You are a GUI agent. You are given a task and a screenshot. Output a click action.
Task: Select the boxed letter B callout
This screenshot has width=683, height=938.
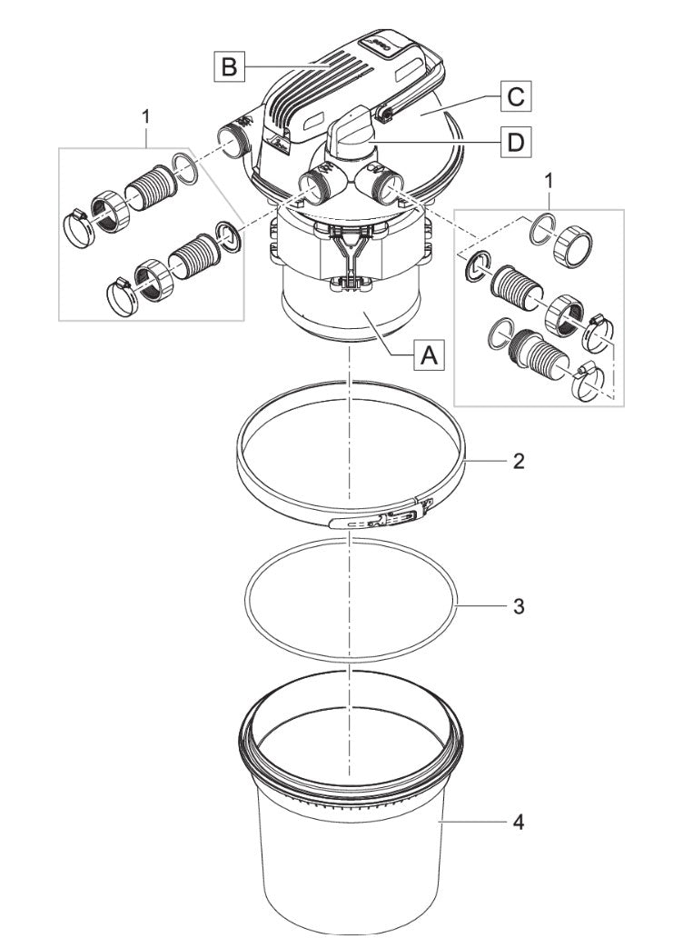[228, 66]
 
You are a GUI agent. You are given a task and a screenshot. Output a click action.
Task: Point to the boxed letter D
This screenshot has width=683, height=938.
[515, 143]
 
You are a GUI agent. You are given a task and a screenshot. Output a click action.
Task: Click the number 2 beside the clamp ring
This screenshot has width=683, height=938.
[518, 461]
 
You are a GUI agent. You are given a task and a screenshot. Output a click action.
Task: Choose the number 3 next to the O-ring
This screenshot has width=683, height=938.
[518, 606]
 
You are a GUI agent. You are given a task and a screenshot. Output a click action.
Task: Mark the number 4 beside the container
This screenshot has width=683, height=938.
[519, 823]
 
